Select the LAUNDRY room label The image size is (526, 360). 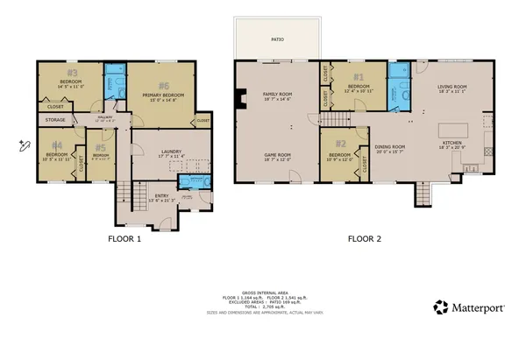171,152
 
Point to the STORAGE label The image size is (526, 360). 54,120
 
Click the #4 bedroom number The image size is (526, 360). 56,145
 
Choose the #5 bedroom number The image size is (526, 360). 103,146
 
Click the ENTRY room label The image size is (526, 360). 161,196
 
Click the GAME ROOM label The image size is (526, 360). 277,155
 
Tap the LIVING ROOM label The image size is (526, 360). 454,86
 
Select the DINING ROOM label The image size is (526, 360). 392,146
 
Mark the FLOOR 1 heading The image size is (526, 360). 124,237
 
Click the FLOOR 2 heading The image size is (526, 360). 366,237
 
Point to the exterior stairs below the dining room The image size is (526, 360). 423,194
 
